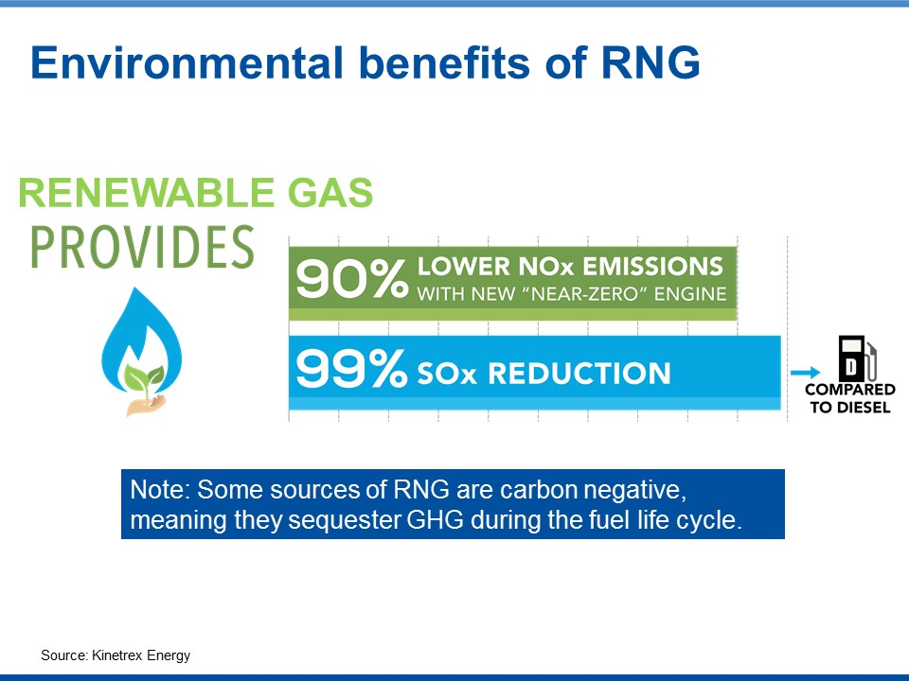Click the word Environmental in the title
tap(187, 62)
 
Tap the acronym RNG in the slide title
tap(651, 62)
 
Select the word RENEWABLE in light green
tap(146, 193)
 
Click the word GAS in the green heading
tap(330, 193)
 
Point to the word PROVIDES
tap(142, 247)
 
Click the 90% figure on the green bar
tap(351, 278)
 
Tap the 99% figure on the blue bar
tap(351, 368)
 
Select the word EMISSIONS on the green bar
tap(652, 267)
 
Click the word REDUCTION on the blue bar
tap(579, 374)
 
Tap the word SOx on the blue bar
tap(446, 374)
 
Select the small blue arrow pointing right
tap(806, 373)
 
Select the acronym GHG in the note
tap(436, 520)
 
